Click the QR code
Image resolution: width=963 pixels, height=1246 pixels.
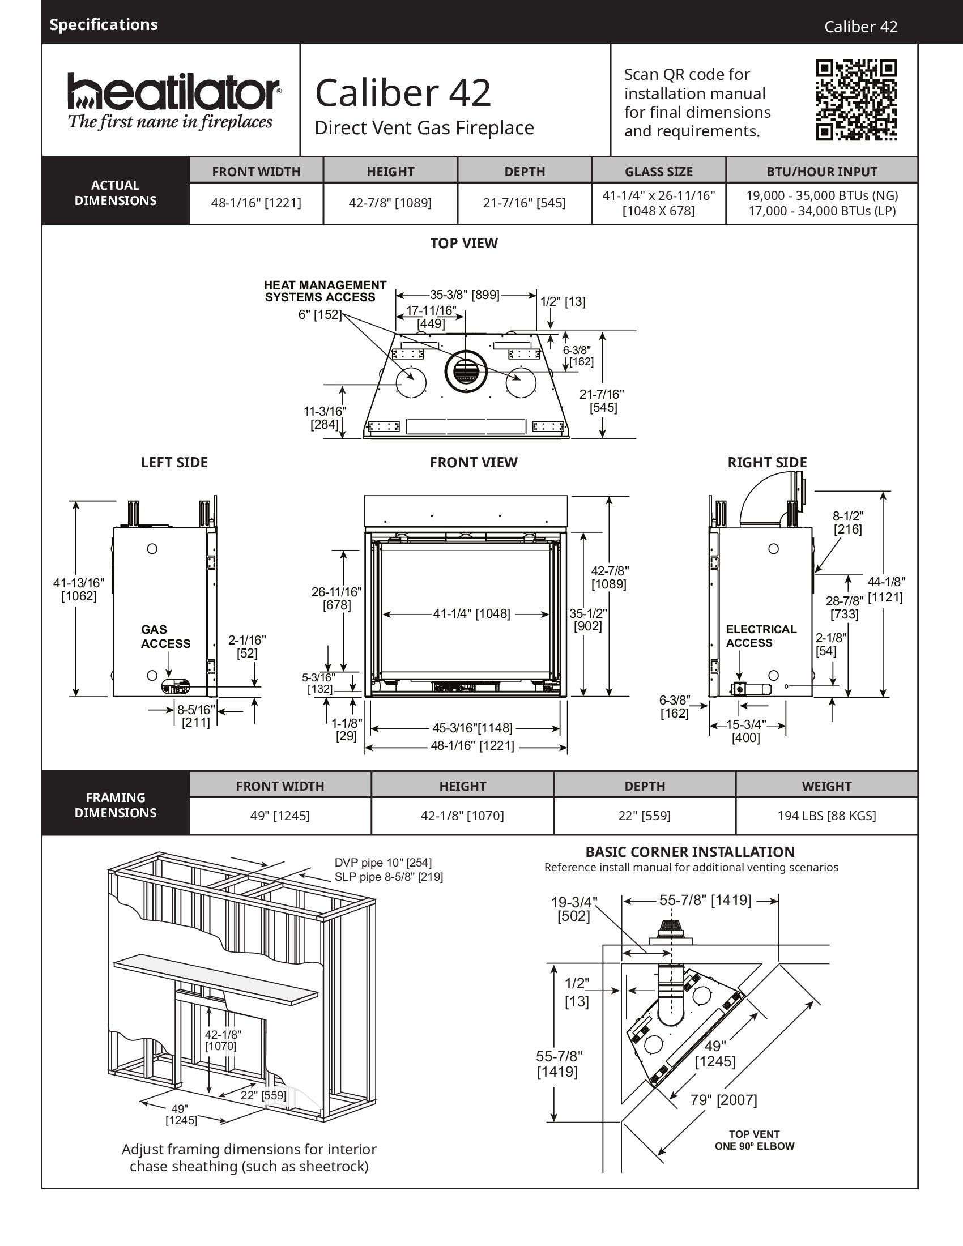tap(856, 100)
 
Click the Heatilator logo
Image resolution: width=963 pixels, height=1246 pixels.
tap(174, 101)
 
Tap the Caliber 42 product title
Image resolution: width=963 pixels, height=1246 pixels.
tap(403, 93)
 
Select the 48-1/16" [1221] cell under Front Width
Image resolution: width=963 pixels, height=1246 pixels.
tap(256, 203)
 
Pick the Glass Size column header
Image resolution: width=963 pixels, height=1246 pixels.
tap(659, 171)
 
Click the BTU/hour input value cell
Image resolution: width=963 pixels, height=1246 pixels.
tap(822, 203)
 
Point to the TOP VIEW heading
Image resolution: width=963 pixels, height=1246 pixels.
tap(464, 244)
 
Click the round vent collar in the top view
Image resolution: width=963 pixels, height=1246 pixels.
tap(466, 372)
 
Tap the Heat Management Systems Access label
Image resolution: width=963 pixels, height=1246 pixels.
tap(325, 291)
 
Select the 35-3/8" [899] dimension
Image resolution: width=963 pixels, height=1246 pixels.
tap(465, 295)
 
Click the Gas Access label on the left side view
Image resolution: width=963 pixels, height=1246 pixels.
tap(165, 637)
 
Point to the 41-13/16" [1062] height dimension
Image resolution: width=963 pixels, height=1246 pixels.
tap(79, 590)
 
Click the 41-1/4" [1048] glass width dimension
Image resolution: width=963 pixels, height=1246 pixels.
tap(471, 614)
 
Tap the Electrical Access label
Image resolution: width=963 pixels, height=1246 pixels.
tap(761, 636)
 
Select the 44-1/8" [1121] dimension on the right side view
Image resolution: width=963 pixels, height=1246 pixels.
tap(886, 590)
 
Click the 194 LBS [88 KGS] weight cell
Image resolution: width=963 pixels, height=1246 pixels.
tap(826, 816)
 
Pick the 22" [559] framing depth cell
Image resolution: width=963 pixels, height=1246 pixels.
tap(645, 816)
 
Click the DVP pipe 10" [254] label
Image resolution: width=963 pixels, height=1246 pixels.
tap(384, 863)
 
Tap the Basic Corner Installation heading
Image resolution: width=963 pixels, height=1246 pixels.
tap(691, 852)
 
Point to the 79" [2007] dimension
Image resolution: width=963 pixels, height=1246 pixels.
tap(724, 1100)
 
